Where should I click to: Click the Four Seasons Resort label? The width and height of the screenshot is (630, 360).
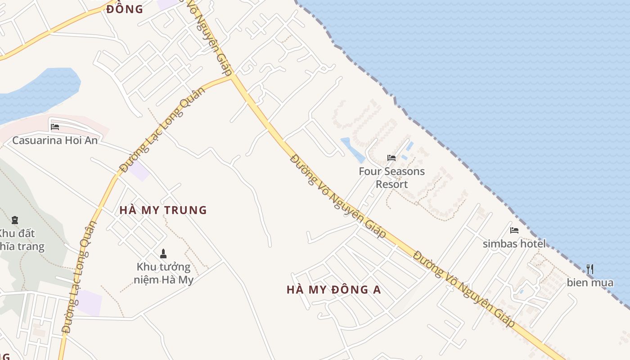coord(391,178)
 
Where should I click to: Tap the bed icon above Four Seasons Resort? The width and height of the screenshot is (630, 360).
coord(391,158)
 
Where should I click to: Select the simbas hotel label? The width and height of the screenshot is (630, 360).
coord(514,244)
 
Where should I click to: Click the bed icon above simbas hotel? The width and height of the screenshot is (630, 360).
coord(514,230)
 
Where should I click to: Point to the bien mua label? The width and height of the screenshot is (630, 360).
coord(590,283)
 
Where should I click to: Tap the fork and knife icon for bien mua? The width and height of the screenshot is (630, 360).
coord(590,269)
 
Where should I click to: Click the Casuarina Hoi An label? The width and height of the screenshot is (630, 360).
coord(55,140)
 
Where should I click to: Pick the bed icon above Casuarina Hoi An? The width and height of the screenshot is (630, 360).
coord(55,127)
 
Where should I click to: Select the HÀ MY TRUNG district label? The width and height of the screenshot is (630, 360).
coord(163,210)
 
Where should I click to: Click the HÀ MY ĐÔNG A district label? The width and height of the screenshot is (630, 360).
coord(333,290)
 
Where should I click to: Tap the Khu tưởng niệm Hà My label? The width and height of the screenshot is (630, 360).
coord(163,274)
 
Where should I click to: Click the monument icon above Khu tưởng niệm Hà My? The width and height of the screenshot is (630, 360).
coord(163,254)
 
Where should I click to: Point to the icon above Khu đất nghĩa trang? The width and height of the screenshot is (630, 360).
coord(15,220)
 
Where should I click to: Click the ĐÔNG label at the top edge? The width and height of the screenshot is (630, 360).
coord(125,9)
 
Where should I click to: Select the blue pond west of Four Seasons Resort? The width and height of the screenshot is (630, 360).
coord(353,149)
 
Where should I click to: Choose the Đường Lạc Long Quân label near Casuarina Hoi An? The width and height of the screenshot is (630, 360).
coord(163,130)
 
